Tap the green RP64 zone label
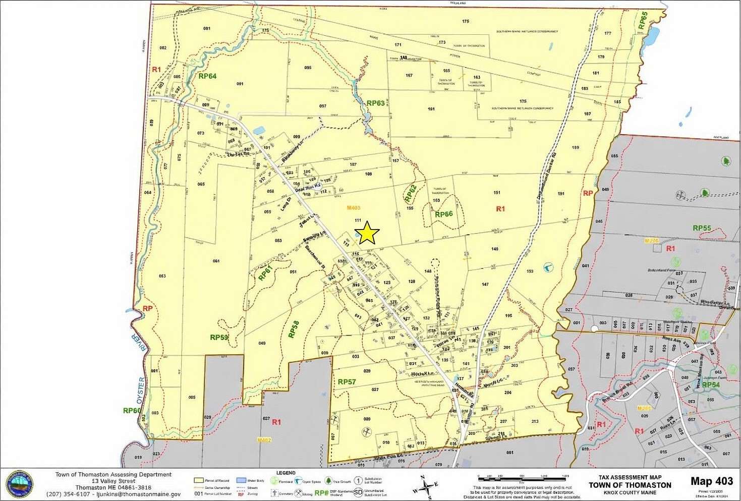tap(207, 76)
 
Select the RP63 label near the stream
tap(375, 103)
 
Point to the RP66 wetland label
tap(443, 214)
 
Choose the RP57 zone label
tap(347, 382)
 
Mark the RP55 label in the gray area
tap(702, 228)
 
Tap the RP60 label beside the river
tap(132, 410)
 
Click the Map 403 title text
tap(711, 481)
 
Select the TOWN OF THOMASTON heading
tap(630, 485)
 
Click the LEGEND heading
tap(286, 473)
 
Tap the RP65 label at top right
tap(642, 21)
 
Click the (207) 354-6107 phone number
tap(68, 494)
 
